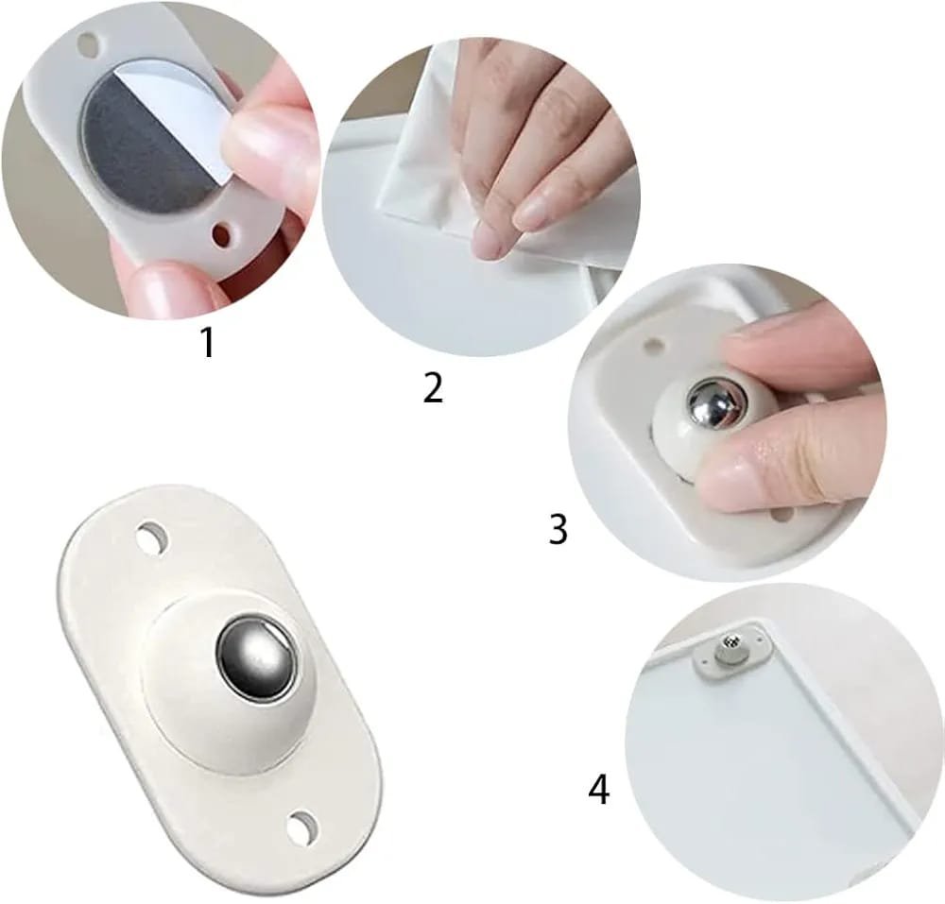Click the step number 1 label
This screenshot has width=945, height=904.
click(208, 343)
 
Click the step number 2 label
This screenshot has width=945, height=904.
click(433, 387)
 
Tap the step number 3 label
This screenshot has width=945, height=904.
click(558, 529)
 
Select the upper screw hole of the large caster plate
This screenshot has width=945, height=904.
click(152, 537)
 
